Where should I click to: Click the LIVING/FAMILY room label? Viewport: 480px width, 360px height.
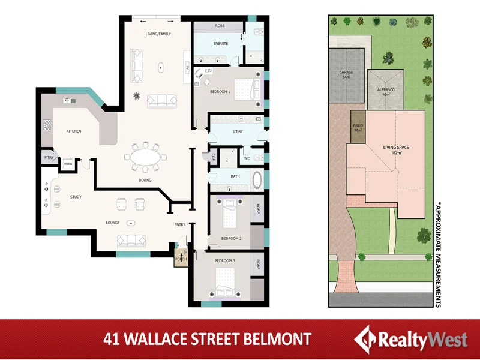click(158, 34)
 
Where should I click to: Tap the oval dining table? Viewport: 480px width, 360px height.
click(146, 158)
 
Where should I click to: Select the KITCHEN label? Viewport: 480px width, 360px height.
click(74, 131)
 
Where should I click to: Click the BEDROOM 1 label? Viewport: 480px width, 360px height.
click(220, 91)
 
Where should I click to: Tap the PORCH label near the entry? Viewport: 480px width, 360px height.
click(181, 259)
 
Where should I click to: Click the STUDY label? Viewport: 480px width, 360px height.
click(76, 197)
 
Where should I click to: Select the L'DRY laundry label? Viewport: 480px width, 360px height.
click(238, 131)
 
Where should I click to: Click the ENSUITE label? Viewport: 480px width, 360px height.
click(221, 44)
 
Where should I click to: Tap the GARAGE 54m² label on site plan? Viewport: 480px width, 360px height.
click(346, 74)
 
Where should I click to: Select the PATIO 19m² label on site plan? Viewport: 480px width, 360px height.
click(358, 127)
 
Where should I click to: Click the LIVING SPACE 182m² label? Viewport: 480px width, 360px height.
click(396, 149)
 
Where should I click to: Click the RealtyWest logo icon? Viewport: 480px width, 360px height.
click(365, 339)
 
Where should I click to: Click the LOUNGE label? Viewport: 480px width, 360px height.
click(113, 223)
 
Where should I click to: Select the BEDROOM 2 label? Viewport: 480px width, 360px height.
click(231, 238)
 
